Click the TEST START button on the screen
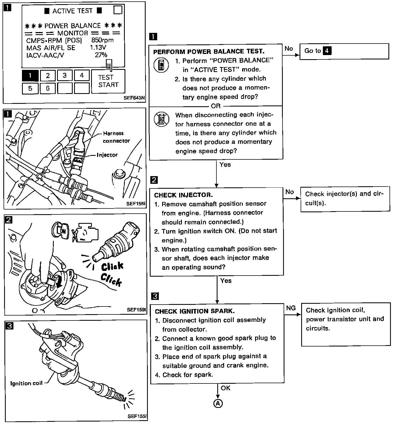click(108, 81)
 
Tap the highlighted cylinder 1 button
click(30, 76)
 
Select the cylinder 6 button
click(47, 88)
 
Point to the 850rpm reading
click(102, 41)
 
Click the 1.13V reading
click(98, 48)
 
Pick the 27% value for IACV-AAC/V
click(101, 55)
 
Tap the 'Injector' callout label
click(107, 155)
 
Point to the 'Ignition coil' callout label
click(26, 383)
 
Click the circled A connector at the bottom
click(218, 403)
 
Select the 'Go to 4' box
click(344, 51)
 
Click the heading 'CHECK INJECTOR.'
click(184, 195)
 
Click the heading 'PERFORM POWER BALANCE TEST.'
click(209, 51)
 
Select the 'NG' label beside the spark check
click(291, 308)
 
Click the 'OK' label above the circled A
click(225, 388)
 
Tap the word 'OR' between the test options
click(216, 106)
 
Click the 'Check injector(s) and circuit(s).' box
click(345, 199)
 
